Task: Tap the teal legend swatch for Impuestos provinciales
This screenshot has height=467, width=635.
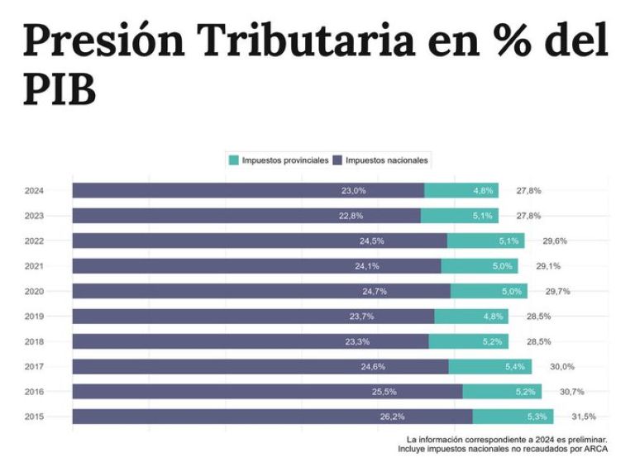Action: [234, 160]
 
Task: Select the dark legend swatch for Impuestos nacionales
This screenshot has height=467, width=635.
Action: [337, 160]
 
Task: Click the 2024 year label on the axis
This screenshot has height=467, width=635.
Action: [34, 191]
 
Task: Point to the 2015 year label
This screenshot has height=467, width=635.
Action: [34, 417]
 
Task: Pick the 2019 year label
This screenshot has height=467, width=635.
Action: [34, 317]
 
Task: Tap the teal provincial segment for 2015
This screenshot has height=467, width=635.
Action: [513, 417]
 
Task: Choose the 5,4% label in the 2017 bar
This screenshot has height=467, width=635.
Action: [514, 366]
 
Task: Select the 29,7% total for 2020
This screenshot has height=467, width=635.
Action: [557, 292]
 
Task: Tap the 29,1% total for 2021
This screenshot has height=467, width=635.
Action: [548, 266]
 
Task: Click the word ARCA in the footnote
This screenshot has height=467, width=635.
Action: [596, 450]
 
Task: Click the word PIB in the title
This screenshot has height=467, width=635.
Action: [59, 88]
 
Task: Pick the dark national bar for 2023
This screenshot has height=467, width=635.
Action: [246, 216]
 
